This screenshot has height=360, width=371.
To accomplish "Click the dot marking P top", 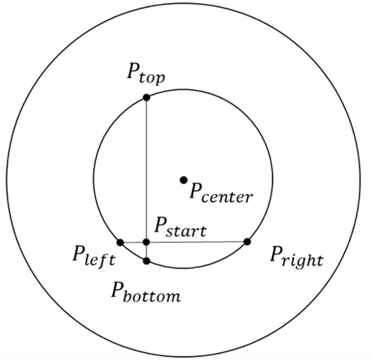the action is [x=147, y=97].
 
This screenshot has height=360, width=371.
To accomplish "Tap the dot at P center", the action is [x=184, y=180].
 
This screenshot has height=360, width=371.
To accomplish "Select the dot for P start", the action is [x=147, y=242].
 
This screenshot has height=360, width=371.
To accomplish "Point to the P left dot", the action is [x=121, y=243].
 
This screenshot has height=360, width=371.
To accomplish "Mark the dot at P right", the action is [x=247, y=242].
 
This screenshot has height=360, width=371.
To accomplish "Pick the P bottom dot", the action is [x=147, y=261].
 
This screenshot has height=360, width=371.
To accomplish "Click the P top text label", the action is [x=146, y=74].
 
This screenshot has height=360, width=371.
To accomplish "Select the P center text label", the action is [x=220, y=193].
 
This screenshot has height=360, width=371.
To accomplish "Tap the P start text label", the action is [x=180, y=227].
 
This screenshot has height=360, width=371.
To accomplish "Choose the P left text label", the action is [x=94, y=257].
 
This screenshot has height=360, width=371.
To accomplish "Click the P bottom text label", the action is [x=146, y=291].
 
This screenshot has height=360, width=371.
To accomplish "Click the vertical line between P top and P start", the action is [x=147, y=170].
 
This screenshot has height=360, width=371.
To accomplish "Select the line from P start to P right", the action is [x=197, y=242].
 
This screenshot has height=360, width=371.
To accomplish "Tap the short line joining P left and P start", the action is [x=133, y=243].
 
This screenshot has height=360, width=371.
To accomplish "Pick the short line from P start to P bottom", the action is [x=147, y=251].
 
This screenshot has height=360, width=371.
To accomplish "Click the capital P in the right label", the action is [x=278, y=254].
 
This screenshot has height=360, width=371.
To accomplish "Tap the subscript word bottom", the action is [x=152, y=295].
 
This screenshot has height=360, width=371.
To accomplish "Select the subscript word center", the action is [x=227, y=197].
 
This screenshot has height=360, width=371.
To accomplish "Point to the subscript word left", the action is [x=100, y=260].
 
